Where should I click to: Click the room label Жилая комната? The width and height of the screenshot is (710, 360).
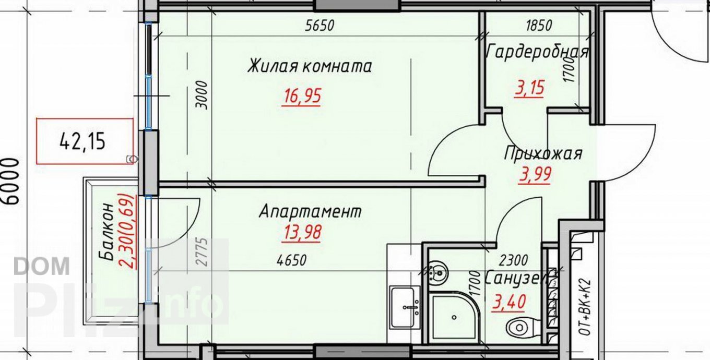click(310, 67)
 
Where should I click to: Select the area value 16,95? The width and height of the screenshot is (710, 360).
click(301, 96)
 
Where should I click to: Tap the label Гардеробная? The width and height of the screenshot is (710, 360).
click(537, 52)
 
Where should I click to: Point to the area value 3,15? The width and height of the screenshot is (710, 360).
click(529, 87)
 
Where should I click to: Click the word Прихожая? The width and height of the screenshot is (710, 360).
click(543, 154)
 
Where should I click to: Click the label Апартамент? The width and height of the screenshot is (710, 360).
click(310, 212)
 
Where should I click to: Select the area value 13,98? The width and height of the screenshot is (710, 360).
click(302, 231)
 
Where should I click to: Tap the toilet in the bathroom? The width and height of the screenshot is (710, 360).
click(519, 327)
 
